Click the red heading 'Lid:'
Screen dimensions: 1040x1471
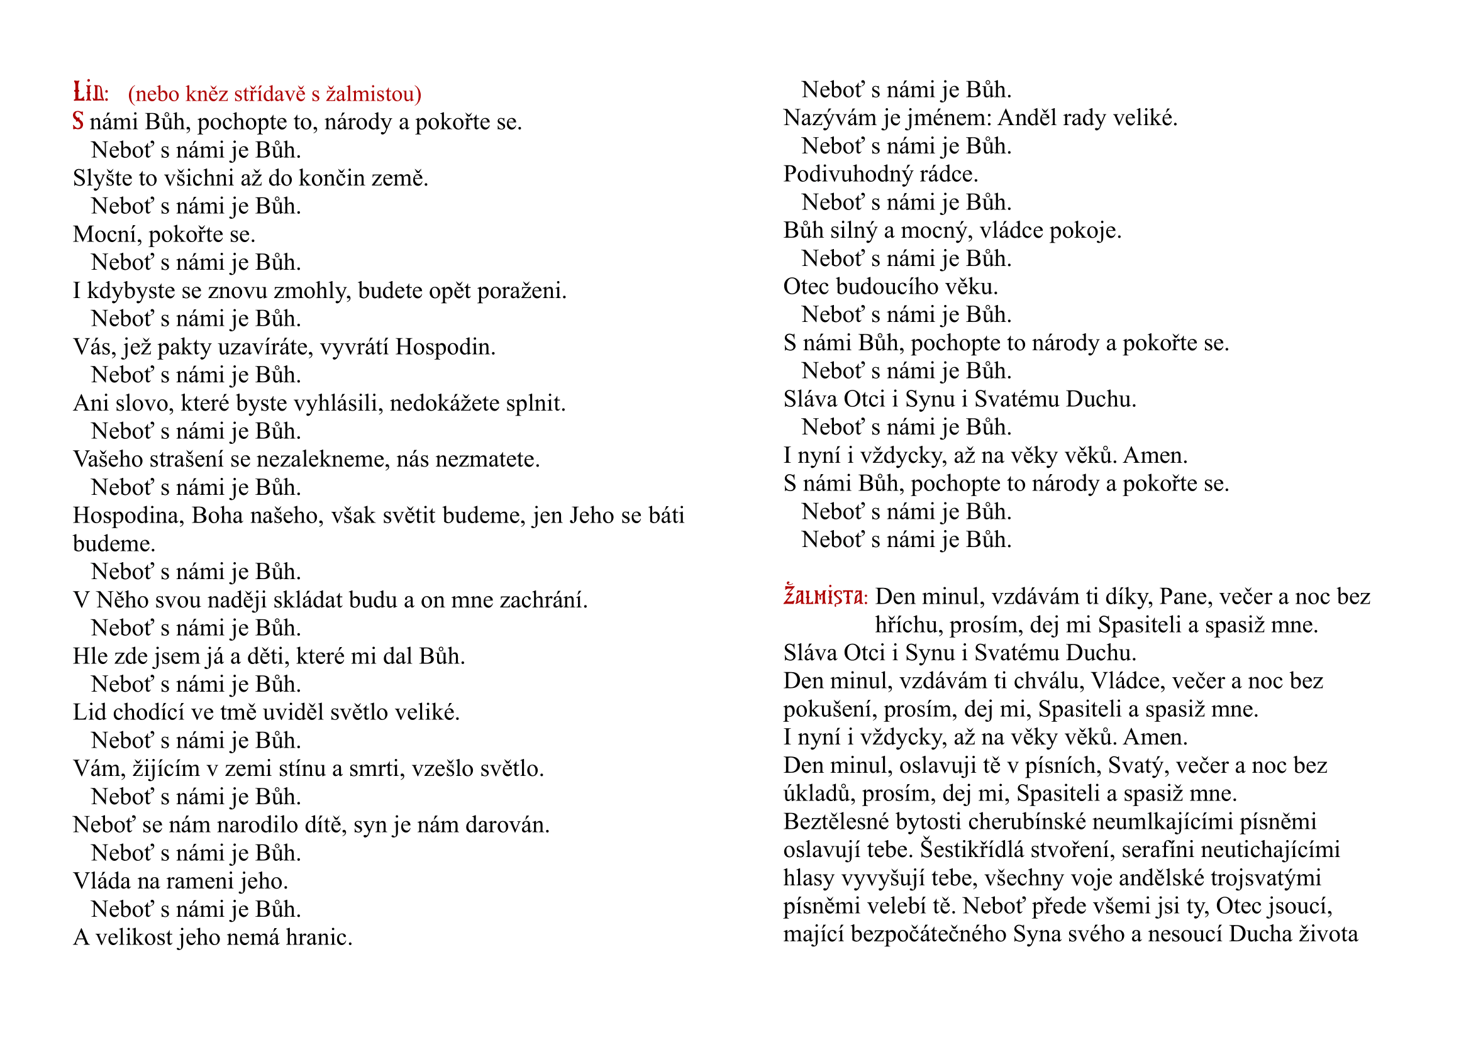[x=91, y=93]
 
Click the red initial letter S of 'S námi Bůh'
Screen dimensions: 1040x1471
[x=78, y=121]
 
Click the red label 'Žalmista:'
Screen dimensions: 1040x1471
[x=825, y=597]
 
